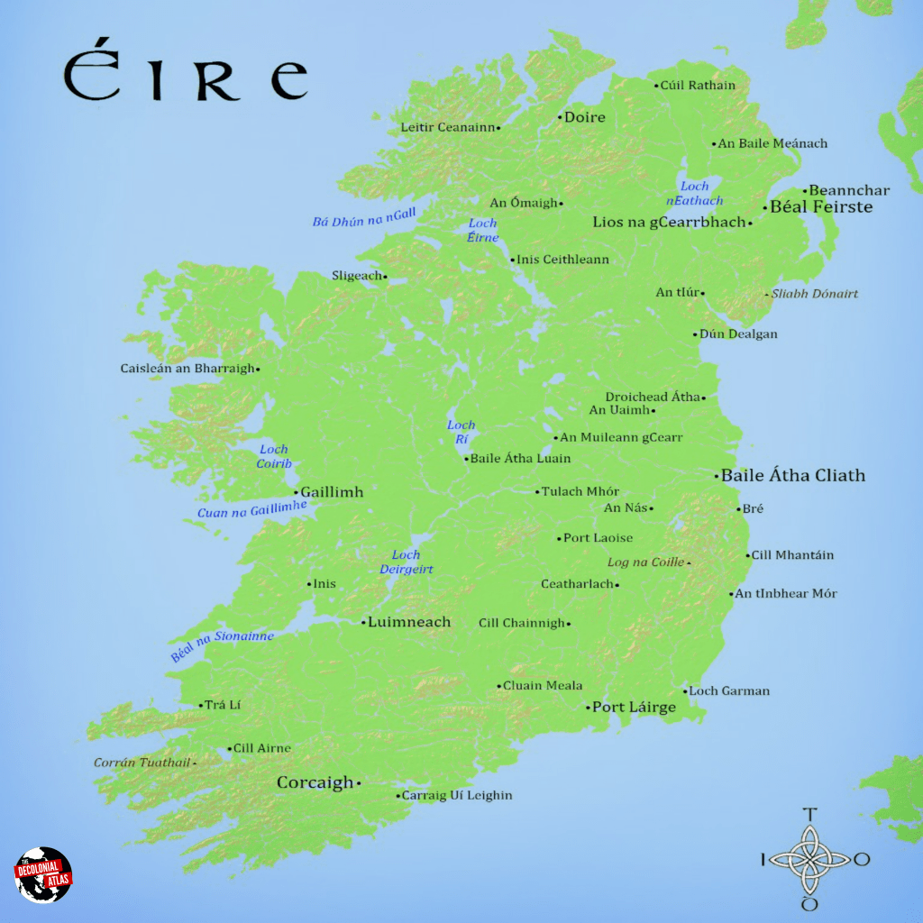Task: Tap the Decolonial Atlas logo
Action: [42, 874]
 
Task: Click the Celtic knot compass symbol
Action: [809, 860]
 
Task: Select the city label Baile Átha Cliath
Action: [793, 475]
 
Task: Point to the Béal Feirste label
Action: [821, 206]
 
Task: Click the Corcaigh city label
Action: [315, 782]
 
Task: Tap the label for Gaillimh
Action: [332, 492]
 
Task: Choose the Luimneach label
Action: [409, 622]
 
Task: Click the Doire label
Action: [584, 117]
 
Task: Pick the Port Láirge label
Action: [634, 707]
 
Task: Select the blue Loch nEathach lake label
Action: [695, 194]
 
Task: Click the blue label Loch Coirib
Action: [274, 456]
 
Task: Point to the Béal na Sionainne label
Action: [222, 646]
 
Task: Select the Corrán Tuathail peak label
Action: [142, 763]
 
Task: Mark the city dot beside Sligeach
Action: [385, 277]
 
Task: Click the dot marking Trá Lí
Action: [200, 705]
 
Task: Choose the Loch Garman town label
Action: [729, 691]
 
